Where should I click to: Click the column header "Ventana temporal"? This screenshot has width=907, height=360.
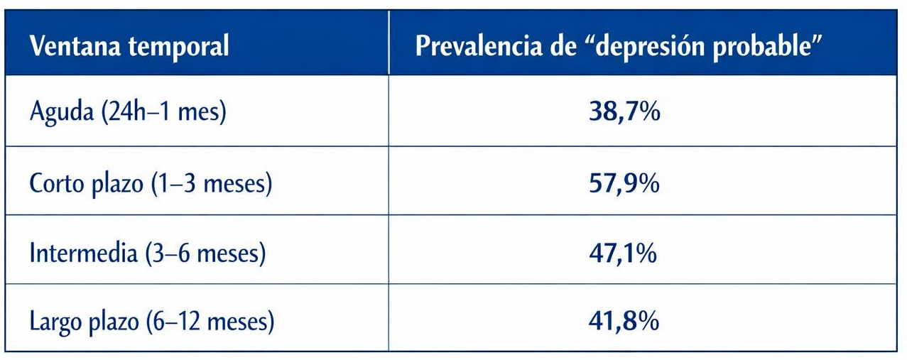pos(129,46)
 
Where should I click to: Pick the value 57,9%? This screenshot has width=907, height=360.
pos(624,183)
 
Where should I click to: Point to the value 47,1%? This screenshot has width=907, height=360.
pos(623,253)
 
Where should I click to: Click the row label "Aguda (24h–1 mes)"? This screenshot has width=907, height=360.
pos(128,112)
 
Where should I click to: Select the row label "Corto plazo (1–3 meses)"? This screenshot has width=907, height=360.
pos(151,183)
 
